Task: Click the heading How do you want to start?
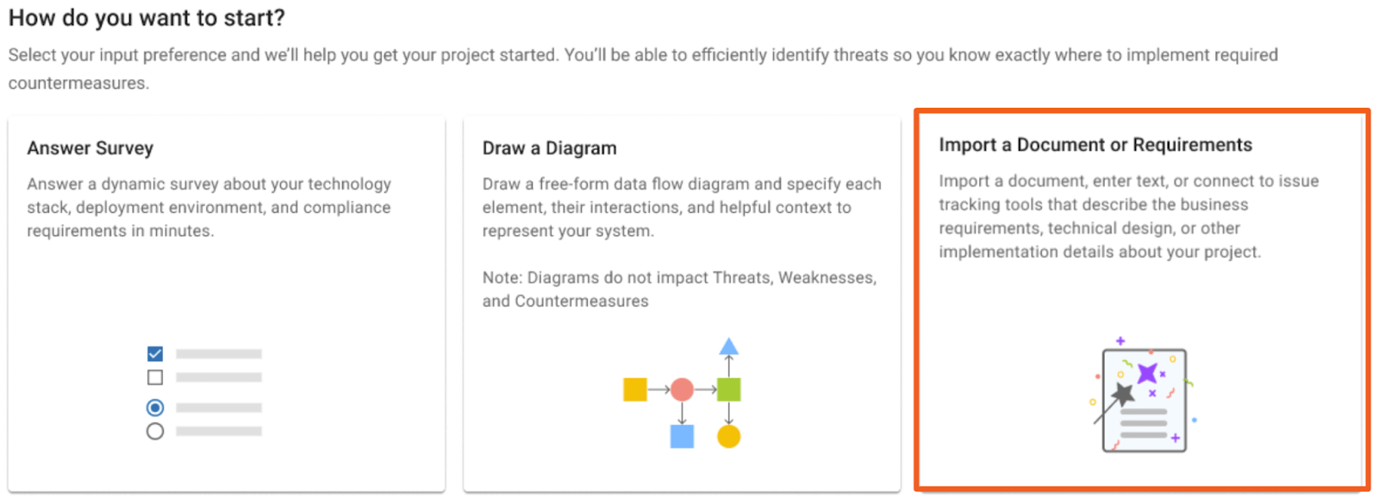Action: [x=147, y=18]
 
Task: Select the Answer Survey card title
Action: [x=90, y=148]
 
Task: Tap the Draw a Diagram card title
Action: [x=549, y=148]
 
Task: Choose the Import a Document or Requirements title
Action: [x=1095, y=146]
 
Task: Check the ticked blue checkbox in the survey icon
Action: [x=155, y=354]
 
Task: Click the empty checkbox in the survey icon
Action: [x=155, y=377]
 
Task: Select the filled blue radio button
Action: [x=155, y=408]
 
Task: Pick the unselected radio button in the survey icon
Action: [x=155, y=431]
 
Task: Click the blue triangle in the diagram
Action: [x=729, y=346]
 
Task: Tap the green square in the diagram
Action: [x=729, y=389]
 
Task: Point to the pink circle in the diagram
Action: [x=682, y=389]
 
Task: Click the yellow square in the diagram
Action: [x=634, y=389]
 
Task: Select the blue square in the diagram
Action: [x=682, y=437]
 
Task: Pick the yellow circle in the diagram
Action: [x=729, y=437]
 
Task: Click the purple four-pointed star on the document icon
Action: [x=1147, y=373]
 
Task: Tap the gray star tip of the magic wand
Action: [x=1124, y=394]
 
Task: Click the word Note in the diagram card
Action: [x=501, y=277]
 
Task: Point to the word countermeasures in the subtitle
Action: [x=78, y=83]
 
